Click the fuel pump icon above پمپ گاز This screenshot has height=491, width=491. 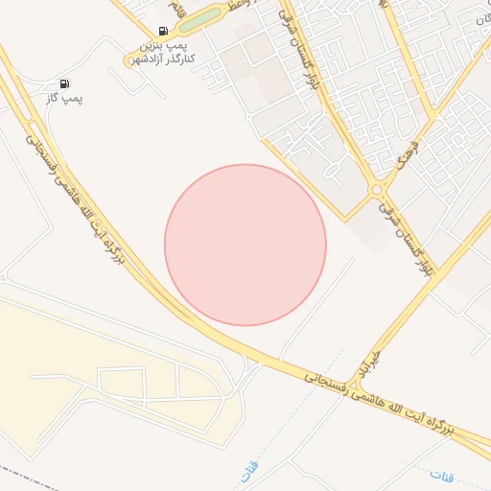[64, 84]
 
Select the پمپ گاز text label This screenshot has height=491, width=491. [65, 99]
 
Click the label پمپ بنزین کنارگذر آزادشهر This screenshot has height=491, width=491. [168, 52]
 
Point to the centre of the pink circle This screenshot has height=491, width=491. [245, 245]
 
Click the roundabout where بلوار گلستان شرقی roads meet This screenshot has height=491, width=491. [378, 190]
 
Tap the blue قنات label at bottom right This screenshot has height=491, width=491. [442, 475]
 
